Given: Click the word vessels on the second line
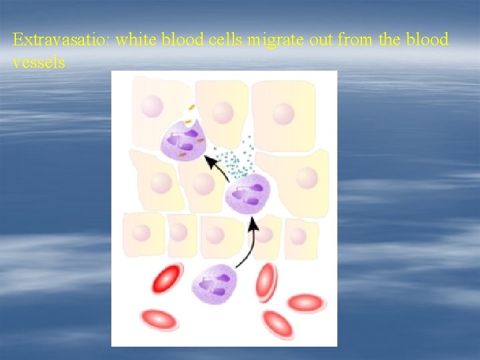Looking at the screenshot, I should coord(39,63).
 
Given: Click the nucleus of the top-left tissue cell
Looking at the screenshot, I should coord(153,106).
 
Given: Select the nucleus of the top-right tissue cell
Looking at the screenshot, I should coord(283,113).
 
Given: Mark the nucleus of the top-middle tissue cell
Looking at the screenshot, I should coord(223,113).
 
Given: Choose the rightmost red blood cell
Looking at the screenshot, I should coord(307,303).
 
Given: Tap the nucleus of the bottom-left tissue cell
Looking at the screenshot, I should coord(141,233).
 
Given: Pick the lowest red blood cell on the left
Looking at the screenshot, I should coord(159,319).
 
